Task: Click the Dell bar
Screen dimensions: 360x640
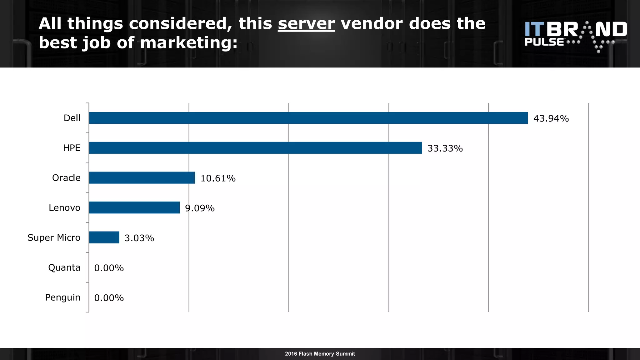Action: pos(308,118)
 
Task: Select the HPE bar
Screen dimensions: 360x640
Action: pos(255,148)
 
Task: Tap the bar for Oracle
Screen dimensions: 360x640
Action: pos(142,177)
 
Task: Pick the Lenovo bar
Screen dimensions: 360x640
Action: pos(134,207)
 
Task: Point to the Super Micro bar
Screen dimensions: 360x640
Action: pos(104,237)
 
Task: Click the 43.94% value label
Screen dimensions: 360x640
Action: pos(551,118)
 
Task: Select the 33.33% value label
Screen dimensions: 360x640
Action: pos(445,148)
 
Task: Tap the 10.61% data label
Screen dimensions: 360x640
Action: pos(218,178)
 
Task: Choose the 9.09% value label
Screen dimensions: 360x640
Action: pos(200,208)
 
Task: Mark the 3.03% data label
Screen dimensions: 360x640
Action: pos(139,238)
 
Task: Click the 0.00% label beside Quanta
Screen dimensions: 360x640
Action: pos(109,268)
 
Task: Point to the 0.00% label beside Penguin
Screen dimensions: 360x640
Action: pos(109,298)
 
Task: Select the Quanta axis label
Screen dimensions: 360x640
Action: pos(64,267)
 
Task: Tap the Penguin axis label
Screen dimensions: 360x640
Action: pos(62,297)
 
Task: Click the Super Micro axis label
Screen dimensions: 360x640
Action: pos(54,237)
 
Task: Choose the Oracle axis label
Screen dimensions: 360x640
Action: pos(66,177)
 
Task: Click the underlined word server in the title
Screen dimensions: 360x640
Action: pos(306,24)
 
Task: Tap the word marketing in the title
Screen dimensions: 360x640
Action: pos(189,42)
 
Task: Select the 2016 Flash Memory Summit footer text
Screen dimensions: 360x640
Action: pos(320,354)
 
